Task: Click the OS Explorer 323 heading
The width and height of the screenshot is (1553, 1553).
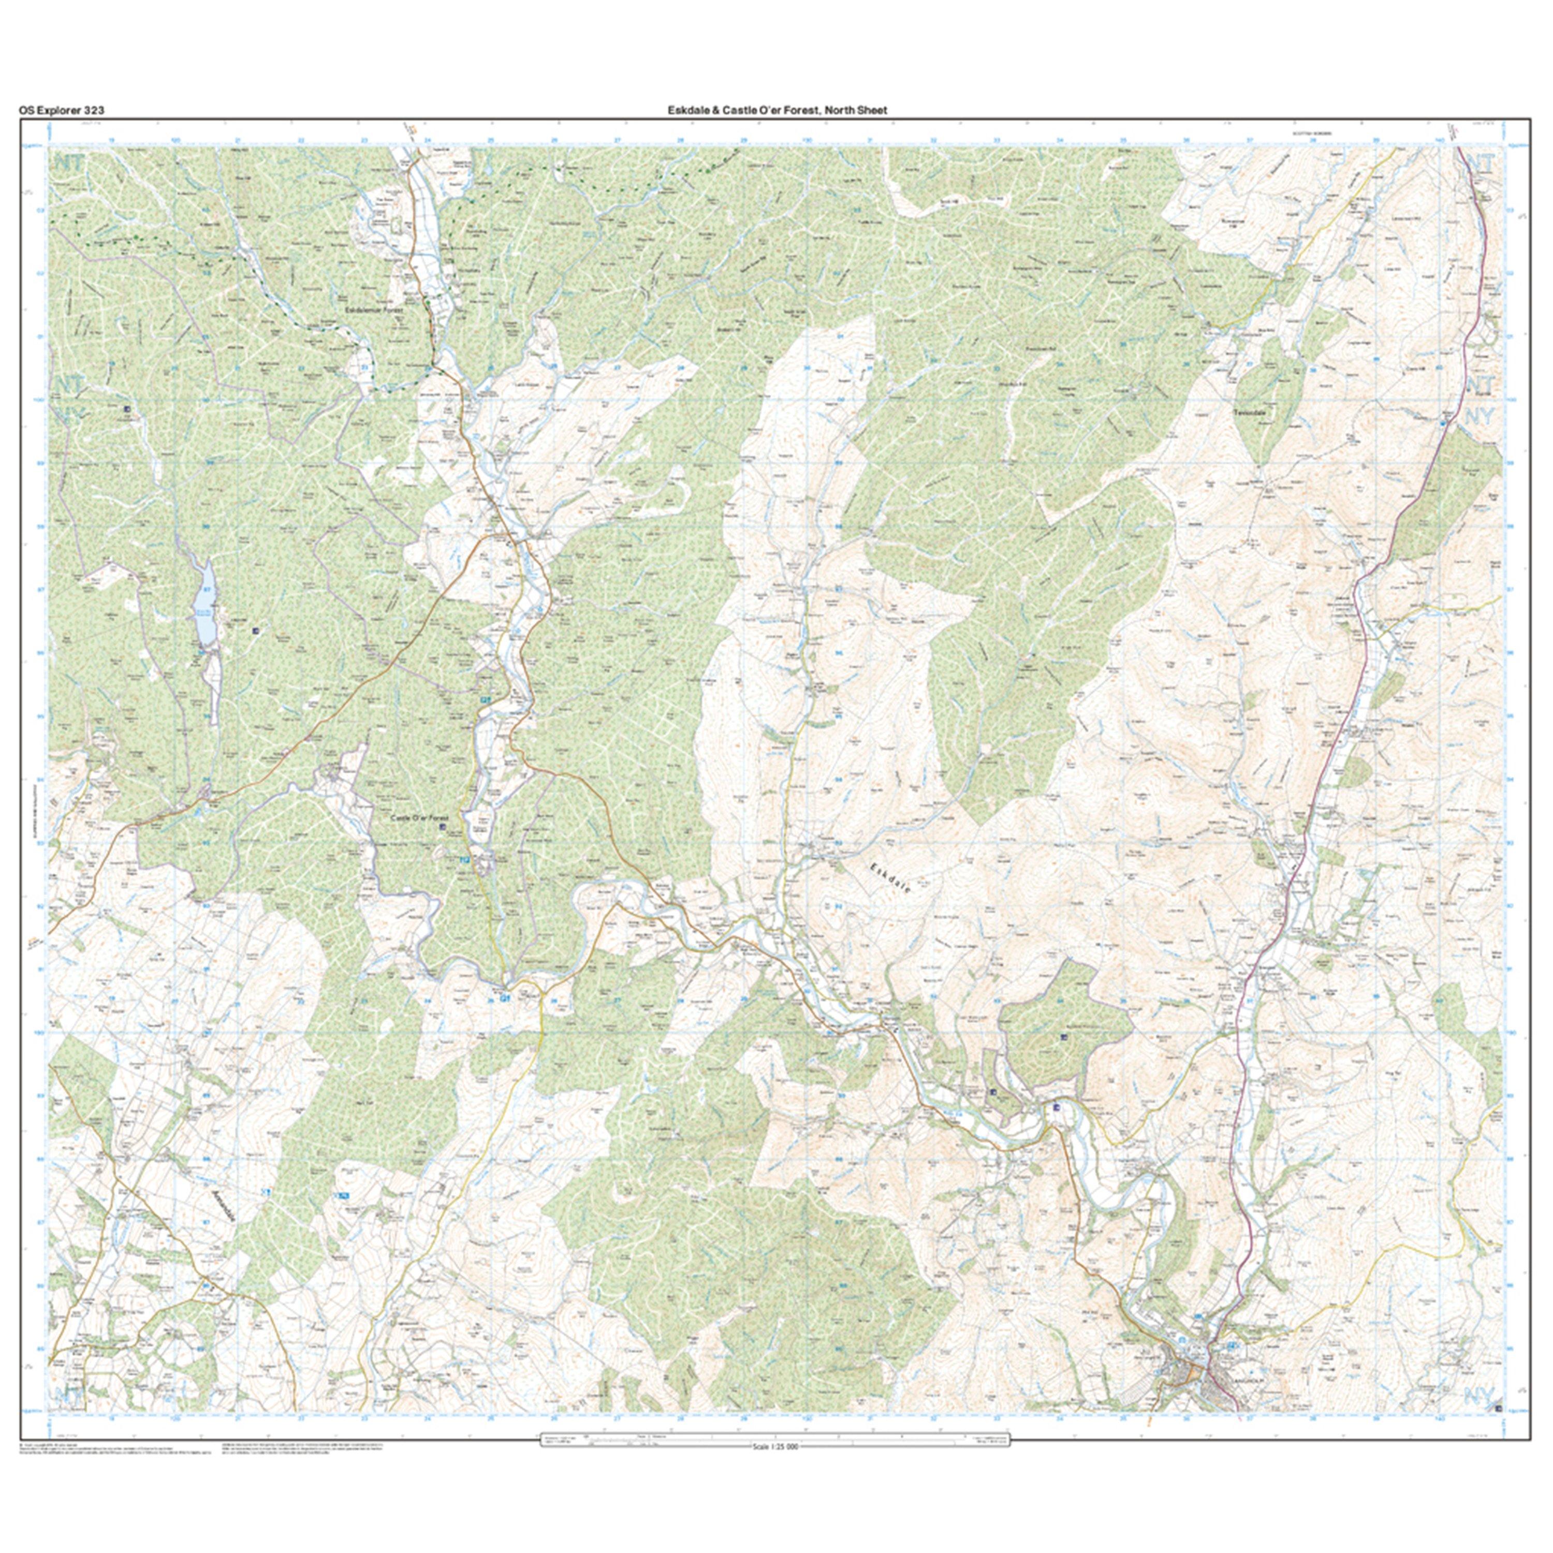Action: [x=61, y=111]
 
